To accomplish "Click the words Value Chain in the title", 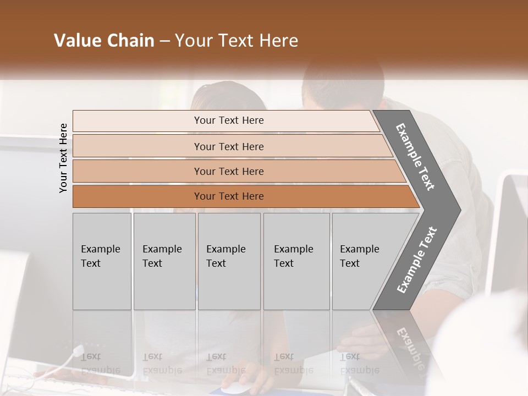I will pyautogui.click(x=104, y=41).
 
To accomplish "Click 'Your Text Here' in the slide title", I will pyautogui.click(x=237, y=41).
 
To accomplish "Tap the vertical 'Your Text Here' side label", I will pyautogui.click(x=63, y=158).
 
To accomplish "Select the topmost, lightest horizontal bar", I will pyautogui.click(x=137, y=121).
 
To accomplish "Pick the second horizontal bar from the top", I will pyautogui.click(x=137, y=146).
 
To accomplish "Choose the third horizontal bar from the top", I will pyautogui.click(x=137, y=172).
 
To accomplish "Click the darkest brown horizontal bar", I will pyautogui.click(x=137, y=196).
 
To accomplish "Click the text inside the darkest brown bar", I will pyautogui.click(x=229, y=196).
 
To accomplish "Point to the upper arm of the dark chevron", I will pyautogui.click(x=415, y=157).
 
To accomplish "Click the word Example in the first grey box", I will pyautogui.click(x=100, y=249).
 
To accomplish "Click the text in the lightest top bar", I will pyautogui.click(x=229, y=120).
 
